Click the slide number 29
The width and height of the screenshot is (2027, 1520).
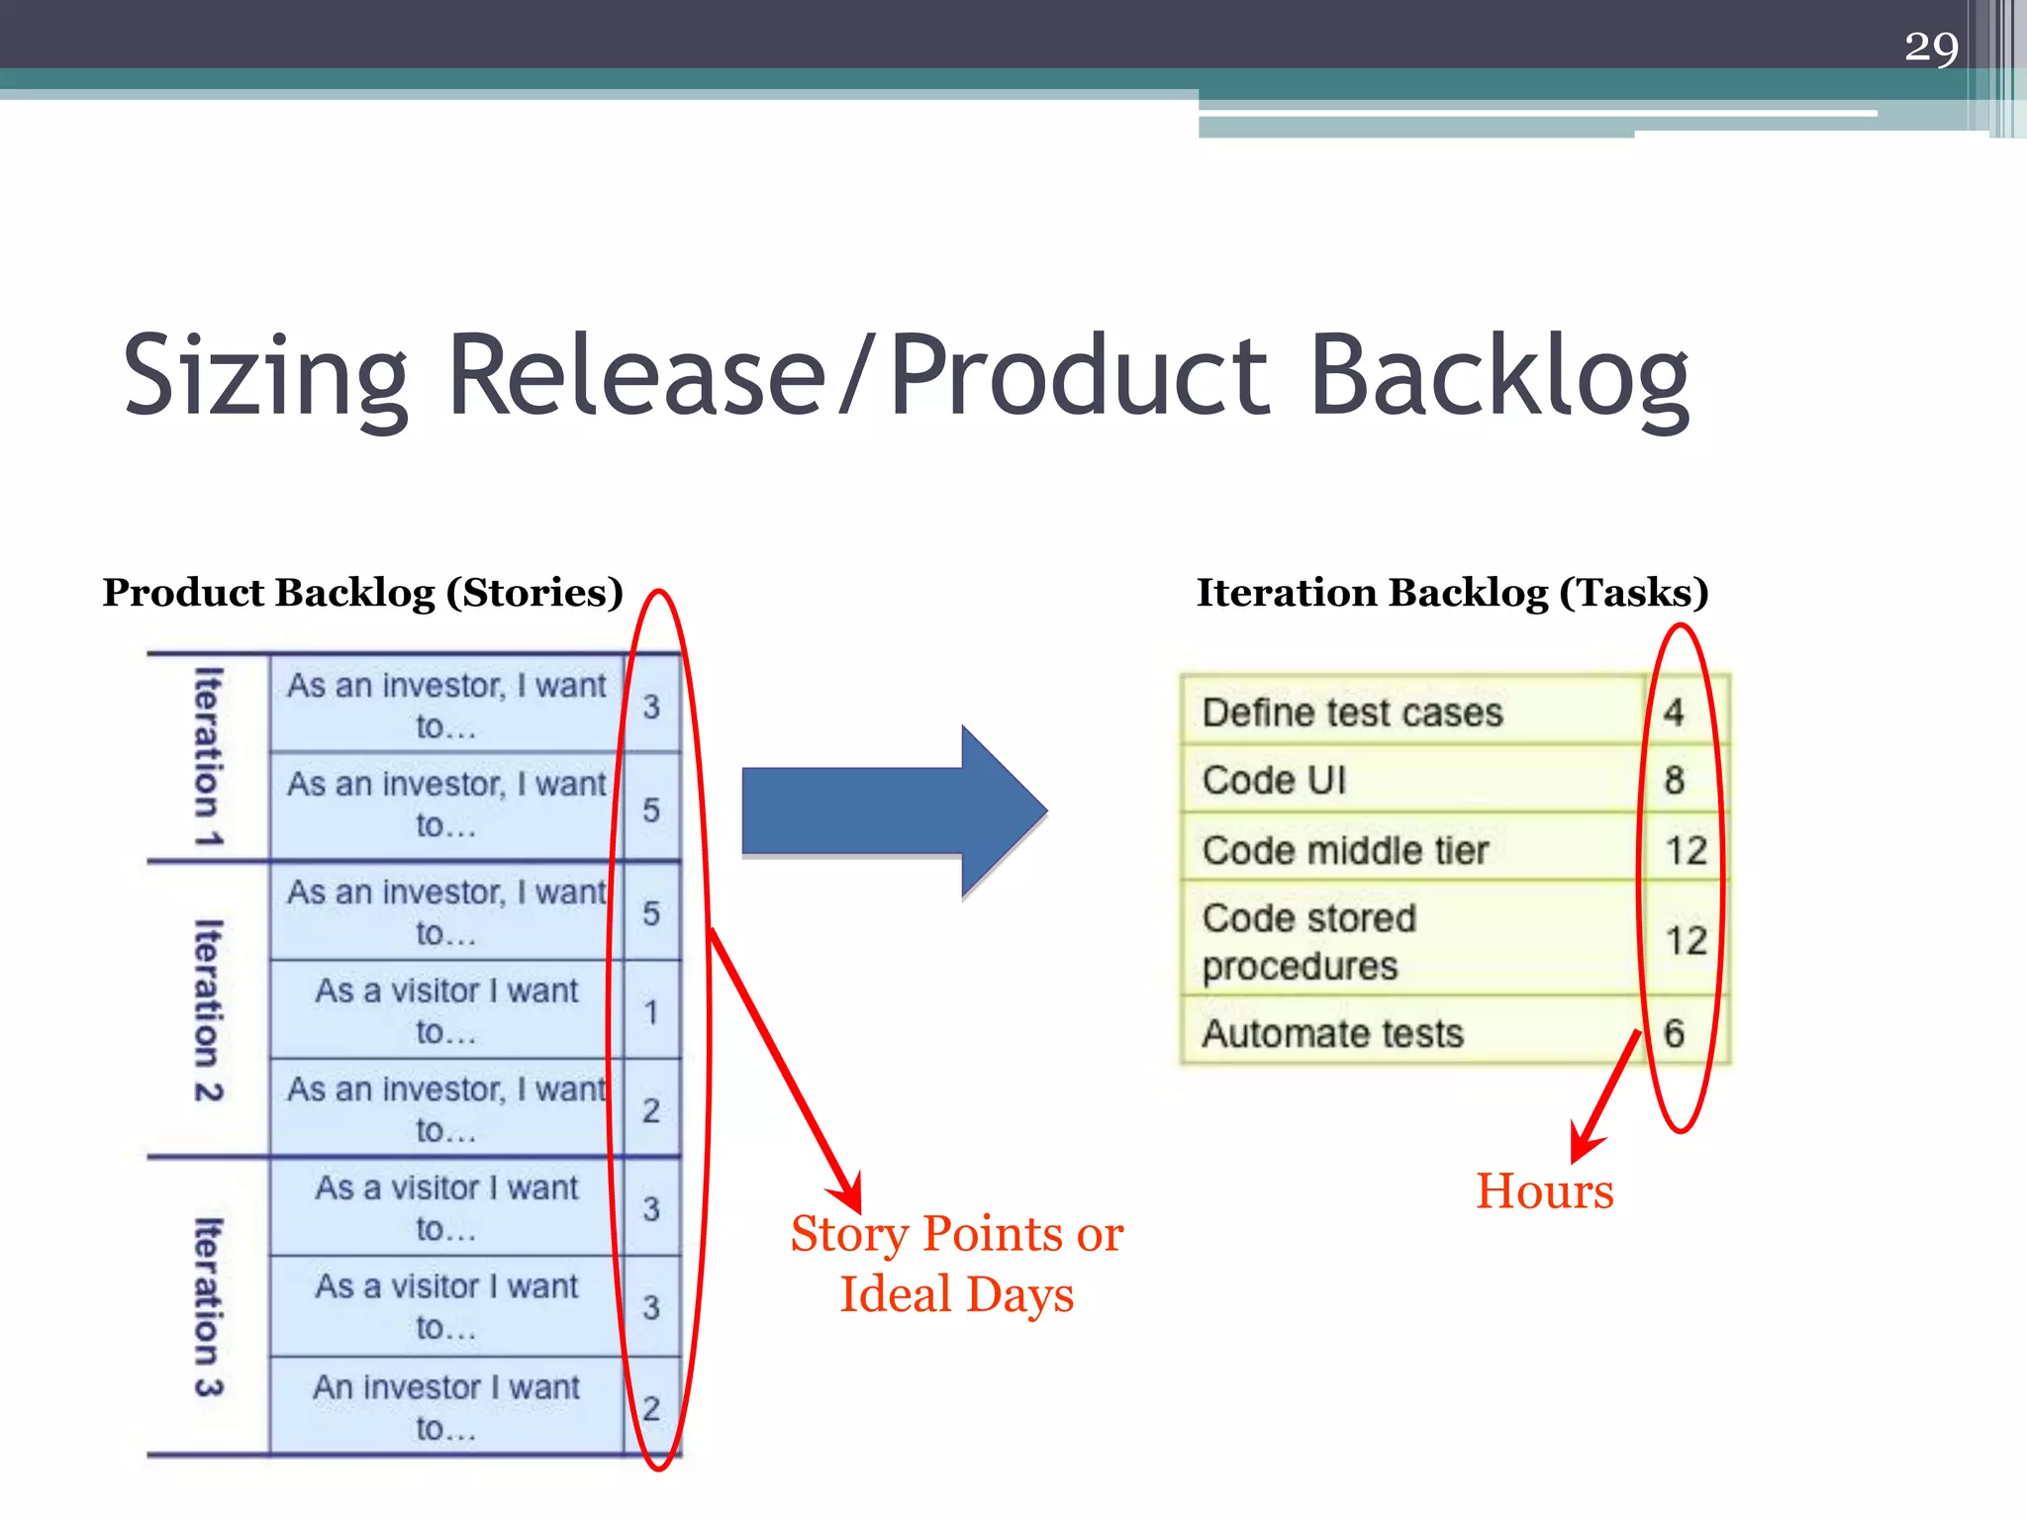1930,47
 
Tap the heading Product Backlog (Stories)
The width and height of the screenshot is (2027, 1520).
363,593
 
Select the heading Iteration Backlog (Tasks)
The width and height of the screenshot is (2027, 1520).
1452,593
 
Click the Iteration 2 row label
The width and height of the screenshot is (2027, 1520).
209,1010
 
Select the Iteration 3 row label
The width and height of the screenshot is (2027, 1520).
209,1306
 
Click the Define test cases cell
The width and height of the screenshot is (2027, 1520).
1352,712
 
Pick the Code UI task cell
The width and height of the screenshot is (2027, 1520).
1275,781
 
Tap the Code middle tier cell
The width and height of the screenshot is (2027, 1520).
1345,851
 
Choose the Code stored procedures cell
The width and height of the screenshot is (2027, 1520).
1308,941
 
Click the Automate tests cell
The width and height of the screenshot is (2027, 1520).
1332,1034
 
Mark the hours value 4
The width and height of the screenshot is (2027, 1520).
1674,712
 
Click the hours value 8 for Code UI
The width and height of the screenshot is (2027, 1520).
1674,781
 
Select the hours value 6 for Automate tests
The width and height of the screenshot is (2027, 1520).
1674,1034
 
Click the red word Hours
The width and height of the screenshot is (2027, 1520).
1544,1191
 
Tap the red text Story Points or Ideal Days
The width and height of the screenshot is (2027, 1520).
956,1264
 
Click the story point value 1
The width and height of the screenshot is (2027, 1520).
651,1012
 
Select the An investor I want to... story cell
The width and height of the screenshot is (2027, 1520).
446,1406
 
